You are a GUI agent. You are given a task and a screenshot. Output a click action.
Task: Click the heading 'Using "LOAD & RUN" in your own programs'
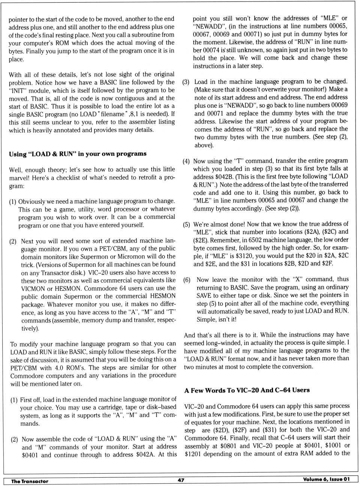[x=78, y=154]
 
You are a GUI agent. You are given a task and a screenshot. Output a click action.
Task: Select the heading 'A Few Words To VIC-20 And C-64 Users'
[x=247, y=390]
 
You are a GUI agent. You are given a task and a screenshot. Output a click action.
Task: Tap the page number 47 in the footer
[x=181, y=480]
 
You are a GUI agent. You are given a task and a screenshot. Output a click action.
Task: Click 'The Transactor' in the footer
[x=30, y=481]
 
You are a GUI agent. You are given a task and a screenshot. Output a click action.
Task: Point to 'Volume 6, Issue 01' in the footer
[x=326, y=479]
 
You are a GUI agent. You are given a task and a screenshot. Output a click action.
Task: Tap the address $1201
[x=194, y=454]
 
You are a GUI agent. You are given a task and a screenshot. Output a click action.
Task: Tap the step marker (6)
[x=187, y=280]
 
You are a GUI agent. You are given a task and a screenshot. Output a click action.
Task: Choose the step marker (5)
[x=186, y=225]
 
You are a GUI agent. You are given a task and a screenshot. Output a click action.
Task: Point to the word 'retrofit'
[x=148, y=178]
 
